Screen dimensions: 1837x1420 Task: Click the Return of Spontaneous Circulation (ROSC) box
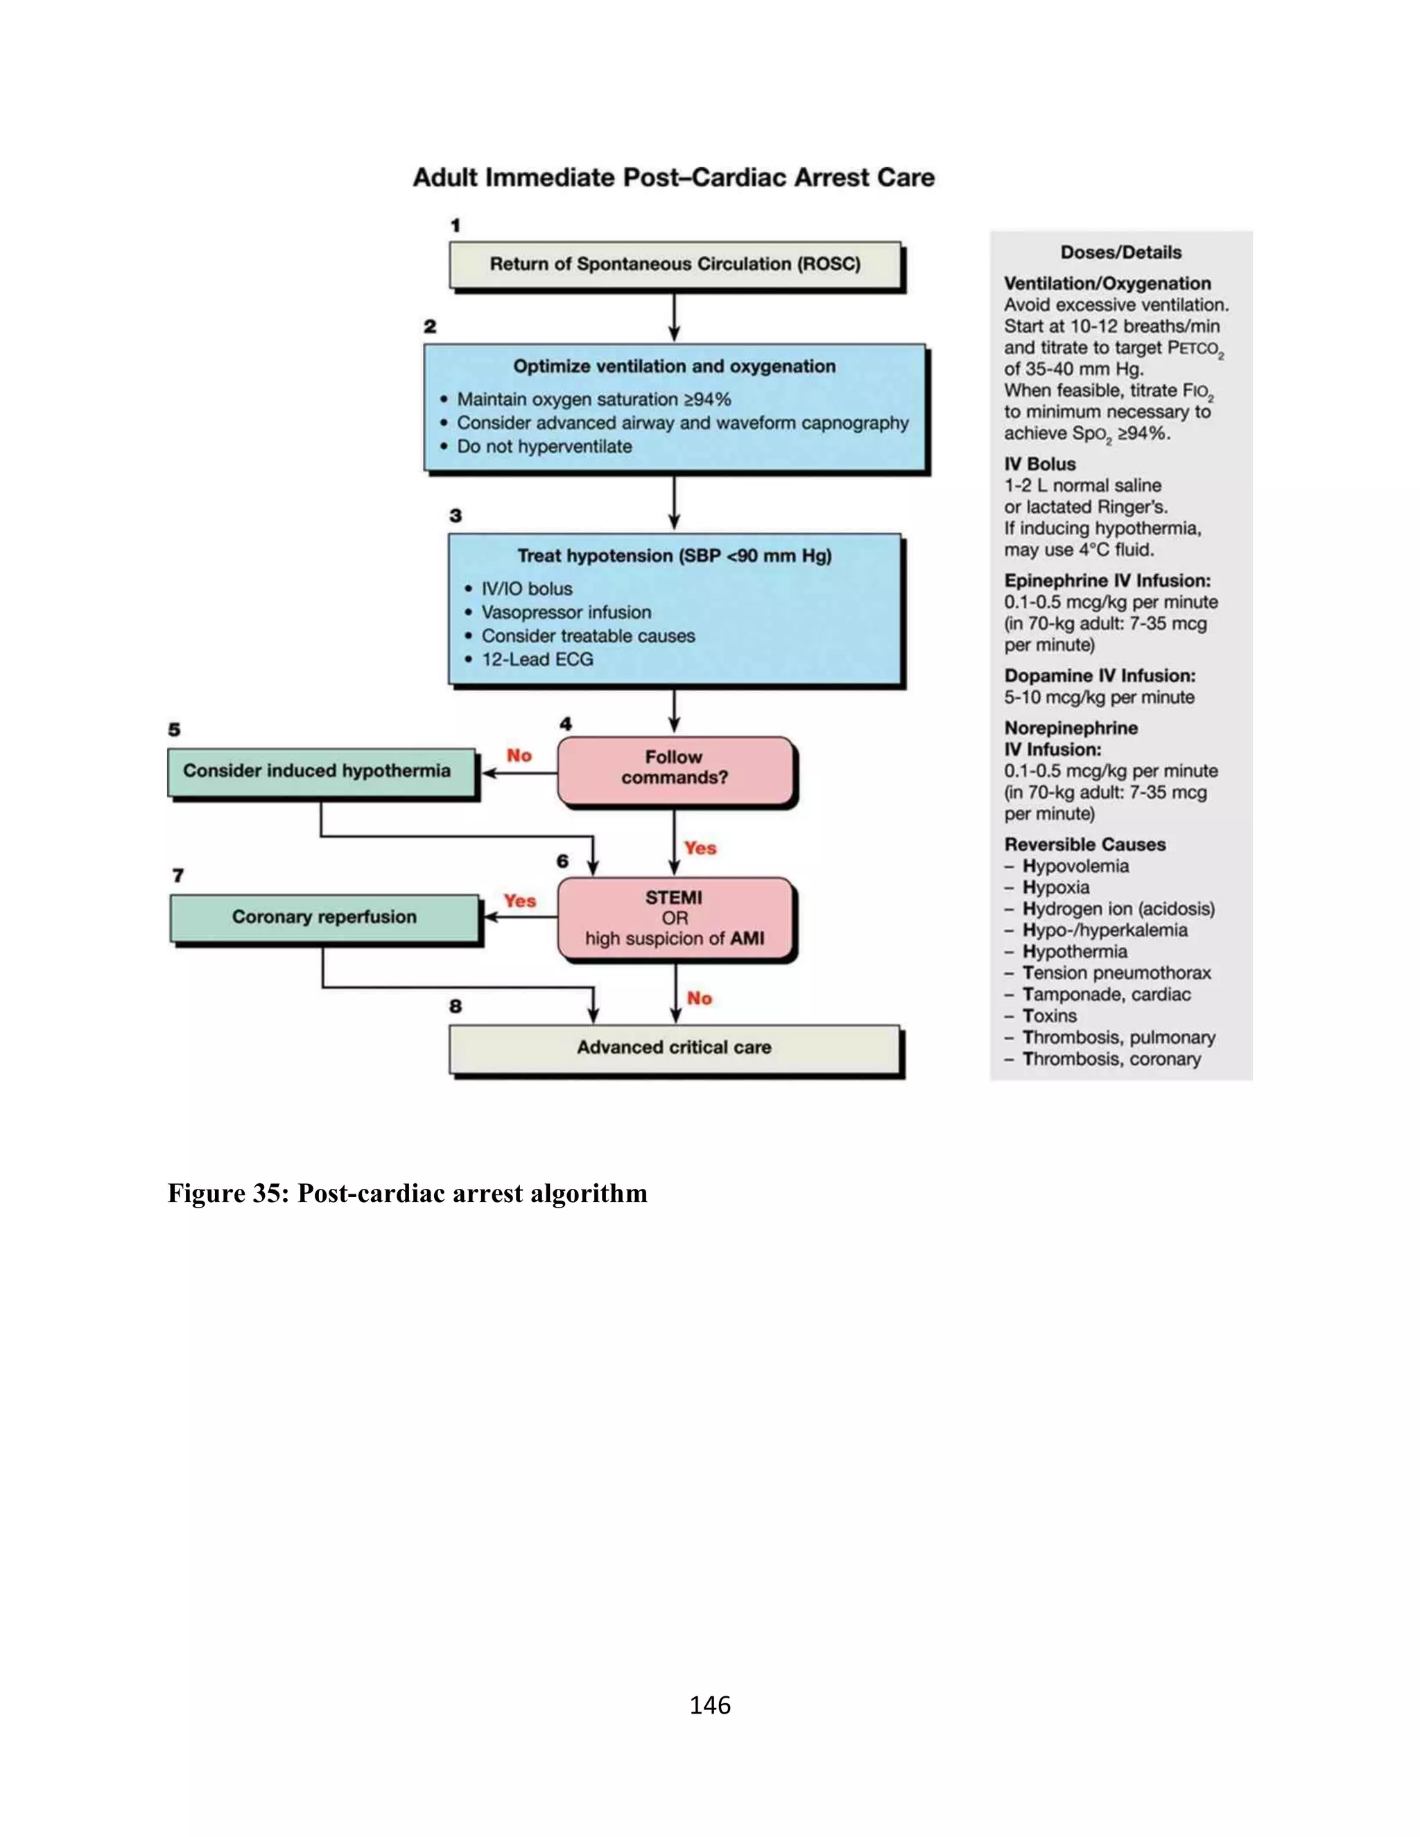pyautogui.click(x=675, y=265)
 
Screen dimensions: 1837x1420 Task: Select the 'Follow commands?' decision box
pyautogui.click(x=675, y=769)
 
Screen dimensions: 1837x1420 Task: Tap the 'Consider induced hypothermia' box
pyautogui.click(x=320, y=772)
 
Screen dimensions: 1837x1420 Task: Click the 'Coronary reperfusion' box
pyautogui.click(x=324, y=917)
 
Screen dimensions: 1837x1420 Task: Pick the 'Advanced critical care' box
pyautogui.click(x=675, y=1048)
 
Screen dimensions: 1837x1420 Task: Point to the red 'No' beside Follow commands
pyautogui.click(x=519, y=756)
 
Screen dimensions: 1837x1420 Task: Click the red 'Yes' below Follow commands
pyautogui.click(x=700, y=848)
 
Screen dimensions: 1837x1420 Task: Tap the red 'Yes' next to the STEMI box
pyautogui.click(x=519, y=901)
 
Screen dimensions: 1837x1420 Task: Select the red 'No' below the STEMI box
pyautogui.click(x=699, y=998)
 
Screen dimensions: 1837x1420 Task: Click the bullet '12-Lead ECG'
pyautogui.click(x=537, y=659)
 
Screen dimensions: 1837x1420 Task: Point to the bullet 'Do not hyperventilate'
pyautogui.click(x=544, y=446)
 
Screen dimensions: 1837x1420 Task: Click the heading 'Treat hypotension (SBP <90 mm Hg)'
pyautogui.click(x=674, y=556)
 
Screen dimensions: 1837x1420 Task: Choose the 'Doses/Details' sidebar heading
pyautogui.click(x=1120, y=252)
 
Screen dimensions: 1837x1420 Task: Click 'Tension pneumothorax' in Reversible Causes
pyautogui.click(x=1116, y=973)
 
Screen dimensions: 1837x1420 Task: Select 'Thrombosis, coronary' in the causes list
pyautogui.click(x=1111, y=1059)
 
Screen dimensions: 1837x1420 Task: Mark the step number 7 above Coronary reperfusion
pyautogui.click(x=178, y=876)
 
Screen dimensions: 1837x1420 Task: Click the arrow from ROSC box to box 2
pyautogui.click(x=674, y=317)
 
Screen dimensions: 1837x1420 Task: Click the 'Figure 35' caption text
pyautogui.click(x=407, y=1194)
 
